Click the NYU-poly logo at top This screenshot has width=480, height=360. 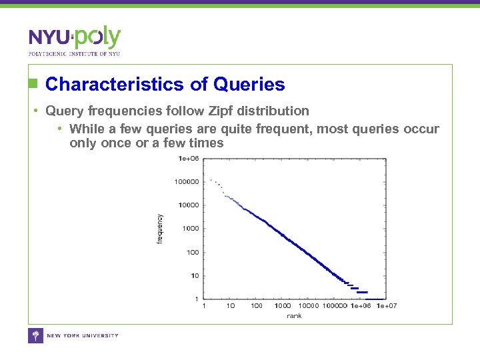click(74, 38)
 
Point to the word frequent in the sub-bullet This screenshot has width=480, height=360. click(285, 129)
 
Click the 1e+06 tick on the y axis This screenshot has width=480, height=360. click(189, 158)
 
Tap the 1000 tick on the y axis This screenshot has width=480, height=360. click(191, 228)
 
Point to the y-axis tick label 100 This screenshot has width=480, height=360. click(193, 252)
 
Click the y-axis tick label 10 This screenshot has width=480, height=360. click(195, 275)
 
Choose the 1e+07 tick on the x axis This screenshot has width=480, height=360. click(387, 306)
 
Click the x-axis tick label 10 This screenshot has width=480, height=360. click(230, 306)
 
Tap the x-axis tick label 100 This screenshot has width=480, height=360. click(256, 306)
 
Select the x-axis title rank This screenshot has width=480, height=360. click(294, 315)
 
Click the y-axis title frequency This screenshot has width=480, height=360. click(159, 229)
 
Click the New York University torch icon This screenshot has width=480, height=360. click(35, 335)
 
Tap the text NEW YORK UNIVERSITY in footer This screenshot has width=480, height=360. click(82, 335)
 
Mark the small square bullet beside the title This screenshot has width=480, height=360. click(31, 84)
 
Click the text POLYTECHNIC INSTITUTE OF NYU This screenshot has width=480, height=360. click(74, 53)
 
